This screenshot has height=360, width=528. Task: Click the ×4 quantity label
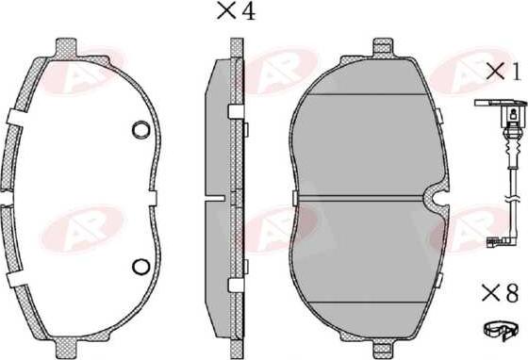click(237, 10)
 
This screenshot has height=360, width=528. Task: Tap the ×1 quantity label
click(503, 73)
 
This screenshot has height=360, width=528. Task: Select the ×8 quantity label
click(500, 293)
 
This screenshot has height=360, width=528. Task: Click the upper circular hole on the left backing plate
click(140, 129)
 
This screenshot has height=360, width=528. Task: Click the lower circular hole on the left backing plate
click(140, 267)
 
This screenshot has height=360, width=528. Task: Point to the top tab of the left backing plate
click(66, 47)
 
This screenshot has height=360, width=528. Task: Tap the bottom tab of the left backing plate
click(66, 347)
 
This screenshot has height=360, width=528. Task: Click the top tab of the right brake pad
click(383, 47)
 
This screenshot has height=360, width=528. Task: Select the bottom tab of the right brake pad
click(384, 347)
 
